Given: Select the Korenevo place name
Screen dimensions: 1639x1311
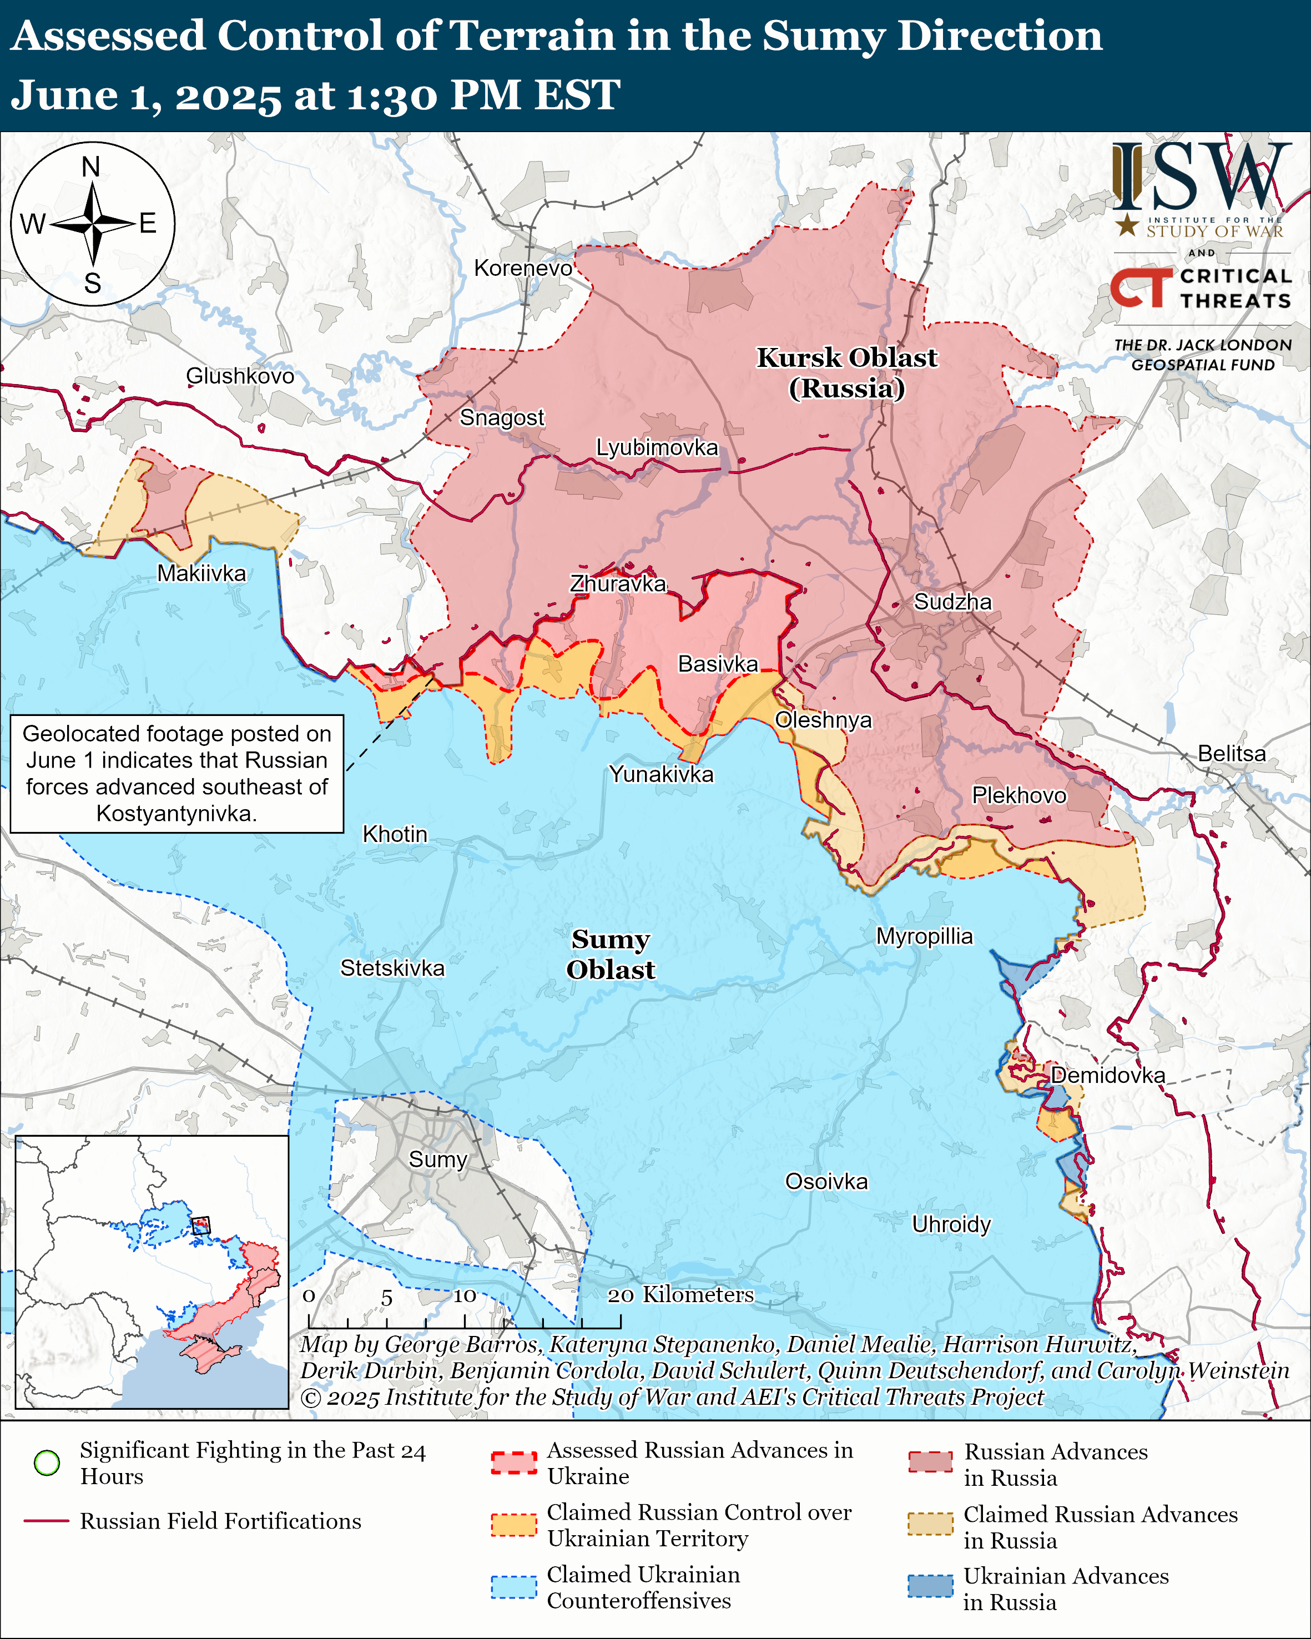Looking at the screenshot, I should click(523, 268).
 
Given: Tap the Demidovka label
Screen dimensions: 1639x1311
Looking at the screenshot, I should click(1107, 1075).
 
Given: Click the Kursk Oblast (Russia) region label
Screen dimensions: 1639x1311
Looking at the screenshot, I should click(846, 372).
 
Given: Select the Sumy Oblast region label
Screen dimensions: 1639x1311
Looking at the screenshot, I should click(611, 954).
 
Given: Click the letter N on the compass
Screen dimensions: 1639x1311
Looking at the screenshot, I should click(91, 167).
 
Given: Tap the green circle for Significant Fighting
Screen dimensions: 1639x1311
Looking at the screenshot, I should click(47, 1462).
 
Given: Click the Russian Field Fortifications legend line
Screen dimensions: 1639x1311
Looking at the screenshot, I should click(47, 1521).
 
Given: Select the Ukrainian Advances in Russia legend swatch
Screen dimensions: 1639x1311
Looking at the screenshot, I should click(930, 1586).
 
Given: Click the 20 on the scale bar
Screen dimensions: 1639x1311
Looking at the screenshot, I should click(620, 1295).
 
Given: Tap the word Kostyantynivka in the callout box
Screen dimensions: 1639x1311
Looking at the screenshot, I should click(177, 814).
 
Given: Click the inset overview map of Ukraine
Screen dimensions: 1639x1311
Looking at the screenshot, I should click(152, 1271).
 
